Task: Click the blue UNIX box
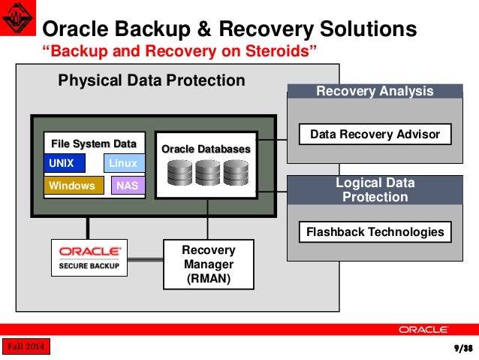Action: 65,163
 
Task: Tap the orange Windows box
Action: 74,186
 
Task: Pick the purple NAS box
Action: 128,186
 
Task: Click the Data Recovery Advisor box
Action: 375,135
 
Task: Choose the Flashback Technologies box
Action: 375,231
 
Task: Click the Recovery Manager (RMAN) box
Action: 209,265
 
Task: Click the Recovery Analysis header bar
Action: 375,91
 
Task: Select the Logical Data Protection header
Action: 375,190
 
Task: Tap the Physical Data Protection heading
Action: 152,80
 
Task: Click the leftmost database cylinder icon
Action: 180,174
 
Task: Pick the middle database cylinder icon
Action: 206,174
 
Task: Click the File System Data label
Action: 94,144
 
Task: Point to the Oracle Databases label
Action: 206,150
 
